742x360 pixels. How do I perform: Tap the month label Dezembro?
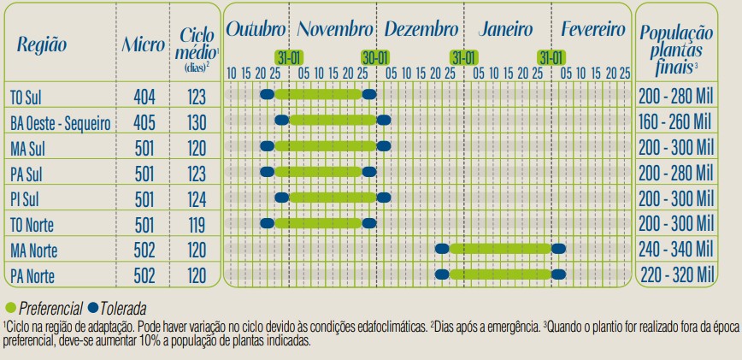point(421,30)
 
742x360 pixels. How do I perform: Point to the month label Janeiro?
point(505,30)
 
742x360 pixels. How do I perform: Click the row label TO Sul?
point(26,96)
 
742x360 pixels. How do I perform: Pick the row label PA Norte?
point(34,276)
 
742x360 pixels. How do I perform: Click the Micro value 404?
point(145,96)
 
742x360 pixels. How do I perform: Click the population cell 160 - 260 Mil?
point(675,121)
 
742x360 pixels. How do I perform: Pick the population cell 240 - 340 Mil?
point(675,250)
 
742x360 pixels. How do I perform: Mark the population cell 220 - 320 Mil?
point(675,275)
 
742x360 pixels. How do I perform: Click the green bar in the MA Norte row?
point(500,249)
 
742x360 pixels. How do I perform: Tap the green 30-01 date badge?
point(375,57)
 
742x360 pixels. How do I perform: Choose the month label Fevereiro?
point(593,30)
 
